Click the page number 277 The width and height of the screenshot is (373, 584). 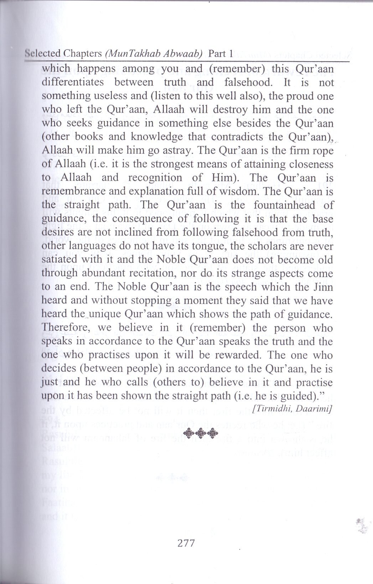tap(185, 543)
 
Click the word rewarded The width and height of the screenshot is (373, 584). tap(237, 355)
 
